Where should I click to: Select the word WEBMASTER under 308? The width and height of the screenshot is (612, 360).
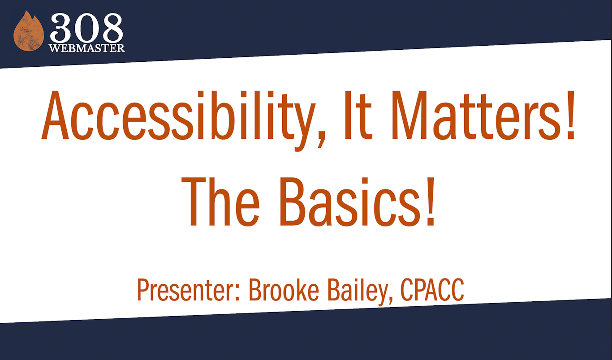point(87,48)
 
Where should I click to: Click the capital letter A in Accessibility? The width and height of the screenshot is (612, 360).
point(57,116)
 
